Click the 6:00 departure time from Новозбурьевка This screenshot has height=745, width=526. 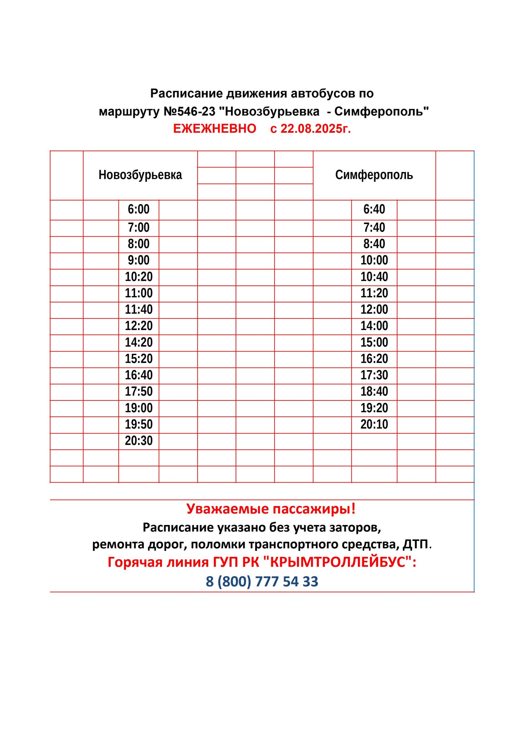pos(138,209)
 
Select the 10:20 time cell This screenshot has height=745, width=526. pos(139,277)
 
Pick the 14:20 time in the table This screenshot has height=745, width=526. pos(139,342)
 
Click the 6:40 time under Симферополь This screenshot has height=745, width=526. pos(374,209)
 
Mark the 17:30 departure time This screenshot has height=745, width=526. pos(374,375)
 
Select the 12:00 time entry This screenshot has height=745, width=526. pos(374,310)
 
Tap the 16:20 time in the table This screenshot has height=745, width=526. pos(374,359)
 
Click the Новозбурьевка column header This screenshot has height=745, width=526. pos(140,175)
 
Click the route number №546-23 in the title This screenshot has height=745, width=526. pos(189,112)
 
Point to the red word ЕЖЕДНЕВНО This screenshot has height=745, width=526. pos(214,129)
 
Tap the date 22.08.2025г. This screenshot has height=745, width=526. pos(315,129)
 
